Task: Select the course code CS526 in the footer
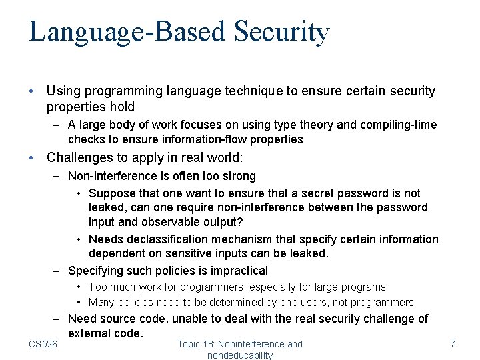click(43, 344)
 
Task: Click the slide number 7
click(453, 344)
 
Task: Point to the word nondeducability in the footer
click(240, 355)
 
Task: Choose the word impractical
click(239, 271)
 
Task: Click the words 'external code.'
click(105, 333)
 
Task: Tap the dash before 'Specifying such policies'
click(59, 271)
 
